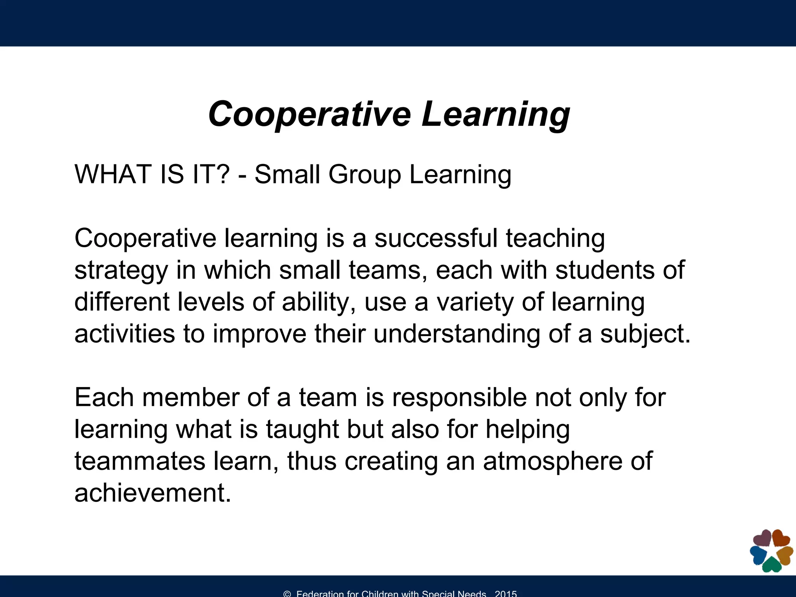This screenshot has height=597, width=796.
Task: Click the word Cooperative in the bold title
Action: pos(309,114)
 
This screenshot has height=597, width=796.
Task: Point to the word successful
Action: pos(436,238)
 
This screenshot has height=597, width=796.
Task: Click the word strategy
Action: pos(121,271)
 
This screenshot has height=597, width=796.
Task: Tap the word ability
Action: pos(318,302)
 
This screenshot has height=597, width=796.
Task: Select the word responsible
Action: pos(459,398)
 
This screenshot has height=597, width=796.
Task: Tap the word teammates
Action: pos(140,461)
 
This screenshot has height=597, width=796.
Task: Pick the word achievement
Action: pos(152,493)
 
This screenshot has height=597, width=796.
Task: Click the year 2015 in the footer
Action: pos(506,594)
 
